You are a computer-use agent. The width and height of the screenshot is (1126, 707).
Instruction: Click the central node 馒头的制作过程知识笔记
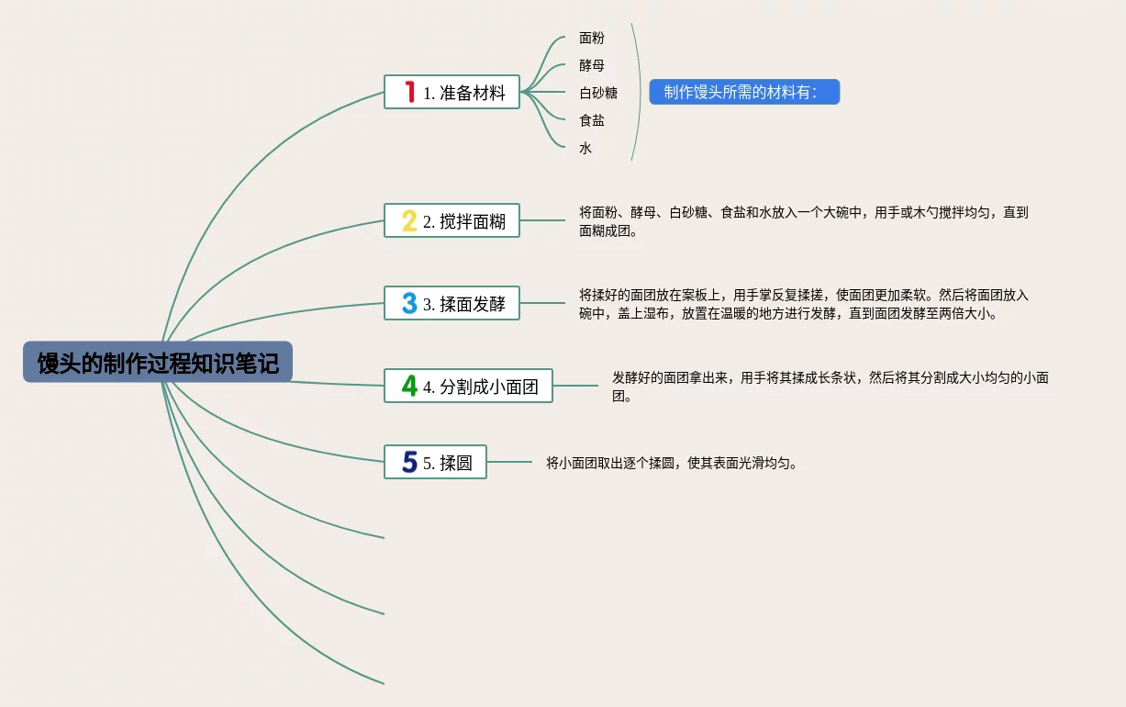click(158, 363)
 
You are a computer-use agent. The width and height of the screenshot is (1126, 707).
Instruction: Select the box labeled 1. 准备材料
click(452, 92)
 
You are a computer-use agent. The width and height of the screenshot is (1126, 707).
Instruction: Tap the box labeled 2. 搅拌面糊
click(452, 220)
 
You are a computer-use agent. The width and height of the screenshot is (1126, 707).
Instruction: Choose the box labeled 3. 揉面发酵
click(452, 303)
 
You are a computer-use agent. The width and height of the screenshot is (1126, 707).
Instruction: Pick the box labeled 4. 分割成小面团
click(468, 386)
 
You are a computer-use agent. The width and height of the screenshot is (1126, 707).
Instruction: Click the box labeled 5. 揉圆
click(435, 462)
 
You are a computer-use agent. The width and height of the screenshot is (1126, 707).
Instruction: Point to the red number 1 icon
click(409, 92)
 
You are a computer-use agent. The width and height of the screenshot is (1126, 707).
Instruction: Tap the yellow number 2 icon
click(409, 220)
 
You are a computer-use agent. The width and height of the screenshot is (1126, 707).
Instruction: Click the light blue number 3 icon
click(409, 303)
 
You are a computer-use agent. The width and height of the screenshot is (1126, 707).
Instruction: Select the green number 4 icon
click(409, 386)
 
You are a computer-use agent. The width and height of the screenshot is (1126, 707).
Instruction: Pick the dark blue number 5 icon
click(409, 462)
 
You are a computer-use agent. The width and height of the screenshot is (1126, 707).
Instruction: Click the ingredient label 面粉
click(592, 38)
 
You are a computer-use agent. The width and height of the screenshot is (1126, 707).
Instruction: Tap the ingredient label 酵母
click(592, 65)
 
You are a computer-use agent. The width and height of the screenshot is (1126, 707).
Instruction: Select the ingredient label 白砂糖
click(598, 93)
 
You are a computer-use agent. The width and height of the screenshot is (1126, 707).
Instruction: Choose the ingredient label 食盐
click(592, 120)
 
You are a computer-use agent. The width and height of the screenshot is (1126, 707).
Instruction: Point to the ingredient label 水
click(585, 148)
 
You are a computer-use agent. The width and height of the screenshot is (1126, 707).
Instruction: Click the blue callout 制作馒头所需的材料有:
click(744, 92)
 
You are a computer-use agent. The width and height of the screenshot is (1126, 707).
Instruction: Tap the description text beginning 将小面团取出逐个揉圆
click(672, 463)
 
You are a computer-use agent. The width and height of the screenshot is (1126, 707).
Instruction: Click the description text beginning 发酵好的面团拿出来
click(830, 387)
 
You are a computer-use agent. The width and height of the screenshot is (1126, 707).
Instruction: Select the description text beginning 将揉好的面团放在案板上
click(803, 304)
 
